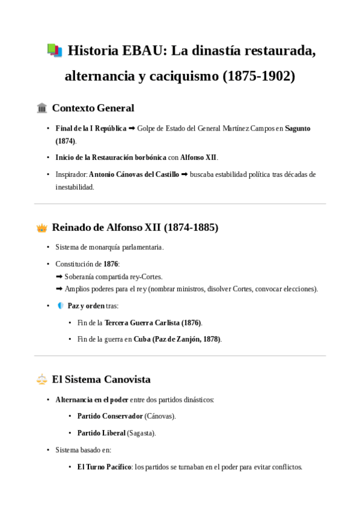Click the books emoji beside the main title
tap(54, 51)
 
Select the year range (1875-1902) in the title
tap(259, 77)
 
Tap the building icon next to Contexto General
tap(42, 108)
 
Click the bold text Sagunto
tap(297, 129)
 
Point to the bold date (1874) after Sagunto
tap(66, 141)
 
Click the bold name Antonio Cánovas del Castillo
tap(134, 174)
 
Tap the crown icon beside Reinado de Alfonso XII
tap(42, 228)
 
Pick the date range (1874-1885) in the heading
tap(191, 228)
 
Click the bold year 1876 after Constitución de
tap(111, 264)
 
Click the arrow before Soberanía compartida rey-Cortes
tap(59, 277)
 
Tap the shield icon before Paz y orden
tap(60, 306)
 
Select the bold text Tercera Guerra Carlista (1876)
tap(153, 323)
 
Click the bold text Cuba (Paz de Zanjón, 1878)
tap(177, 339)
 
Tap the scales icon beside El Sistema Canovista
tap(42, 379)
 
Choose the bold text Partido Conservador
tap(110, 416)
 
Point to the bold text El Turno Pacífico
tap(104, 467)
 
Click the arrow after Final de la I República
tap(132, 129)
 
